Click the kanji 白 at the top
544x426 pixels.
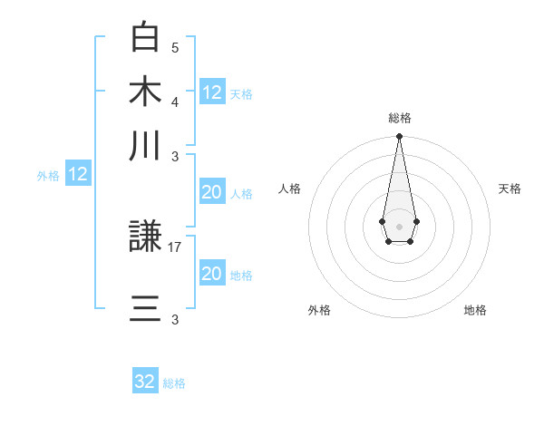146,38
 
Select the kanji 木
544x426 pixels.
146,92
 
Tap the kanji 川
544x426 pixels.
146,145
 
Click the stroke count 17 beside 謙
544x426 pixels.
175,246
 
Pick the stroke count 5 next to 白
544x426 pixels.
175,47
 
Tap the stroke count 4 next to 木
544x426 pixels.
175,101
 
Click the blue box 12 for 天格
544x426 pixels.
212,92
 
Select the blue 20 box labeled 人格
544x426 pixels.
212,192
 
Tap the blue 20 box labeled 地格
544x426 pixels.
212,274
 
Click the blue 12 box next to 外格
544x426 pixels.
78,175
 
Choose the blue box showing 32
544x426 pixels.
145,382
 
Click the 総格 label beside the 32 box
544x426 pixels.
174,383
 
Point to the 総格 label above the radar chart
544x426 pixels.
399,118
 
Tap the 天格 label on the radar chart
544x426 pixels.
510,189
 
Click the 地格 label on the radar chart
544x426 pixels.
475,310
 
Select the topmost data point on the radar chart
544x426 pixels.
399,137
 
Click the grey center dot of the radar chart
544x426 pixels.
399,226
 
